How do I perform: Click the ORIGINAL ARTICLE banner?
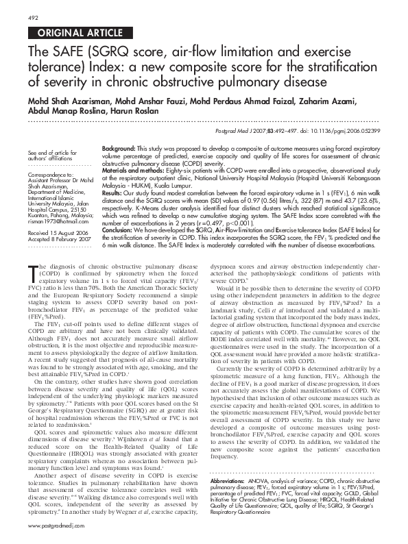click(x=70, y=32)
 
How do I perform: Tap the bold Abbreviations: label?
click(x=230, y=482)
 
